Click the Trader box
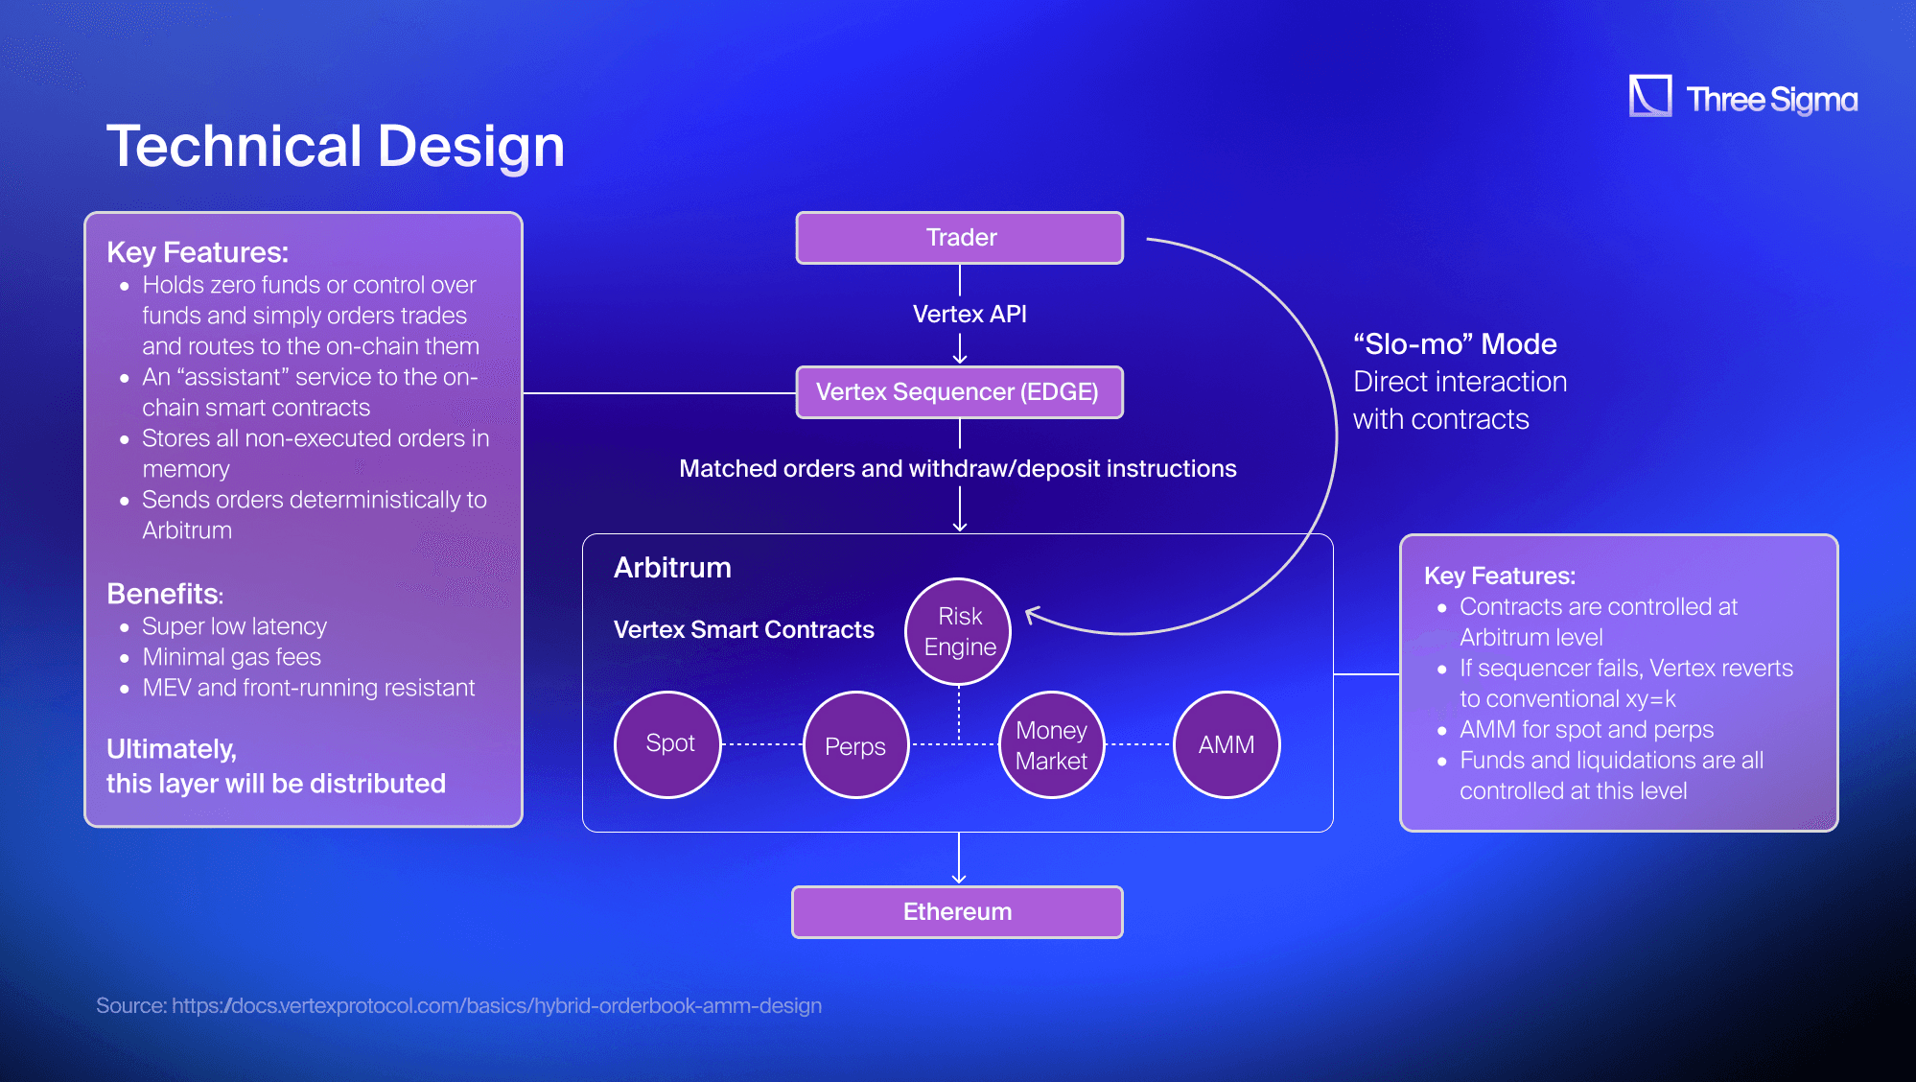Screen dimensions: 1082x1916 (x=959, y=238)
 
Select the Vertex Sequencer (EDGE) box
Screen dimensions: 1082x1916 (x=959, y=392)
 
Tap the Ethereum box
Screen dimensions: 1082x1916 (x=957, y=911)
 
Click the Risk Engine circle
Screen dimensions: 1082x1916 (x=959, y=631)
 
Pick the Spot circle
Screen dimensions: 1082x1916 (x=668, y=743)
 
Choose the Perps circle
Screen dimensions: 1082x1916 (x=855, y=745)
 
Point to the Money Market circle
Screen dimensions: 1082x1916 (x=1051, y=745)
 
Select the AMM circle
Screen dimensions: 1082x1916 (x=1227, y=744)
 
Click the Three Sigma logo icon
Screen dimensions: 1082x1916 (x=1649, y=97)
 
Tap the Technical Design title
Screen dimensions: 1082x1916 (x=336, y=147)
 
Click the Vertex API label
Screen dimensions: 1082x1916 (x=970, y=315)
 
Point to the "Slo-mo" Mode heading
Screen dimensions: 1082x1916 (x=1455, y=344)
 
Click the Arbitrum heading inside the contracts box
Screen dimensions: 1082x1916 (x=672, y=568)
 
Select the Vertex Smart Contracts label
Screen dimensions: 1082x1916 (x=743, y=630)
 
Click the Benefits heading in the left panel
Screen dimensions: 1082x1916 (x=164, y=594)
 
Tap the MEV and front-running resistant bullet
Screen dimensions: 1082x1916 (x=308, y=688)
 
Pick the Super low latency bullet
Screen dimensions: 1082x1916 (x=234, y=626)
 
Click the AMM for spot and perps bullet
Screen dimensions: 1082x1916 (x=1586, y=730)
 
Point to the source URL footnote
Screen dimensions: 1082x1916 (x=458, y=1005)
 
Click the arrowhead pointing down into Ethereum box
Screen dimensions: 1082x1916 (x=959, y=877)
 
